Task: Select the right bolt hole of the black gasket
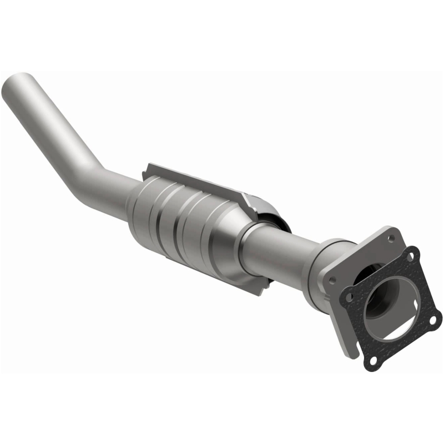pyautogui.click(x=432, y=320)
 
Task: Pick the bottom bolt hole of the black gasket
pyautogui.click(x=374, y=361)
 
